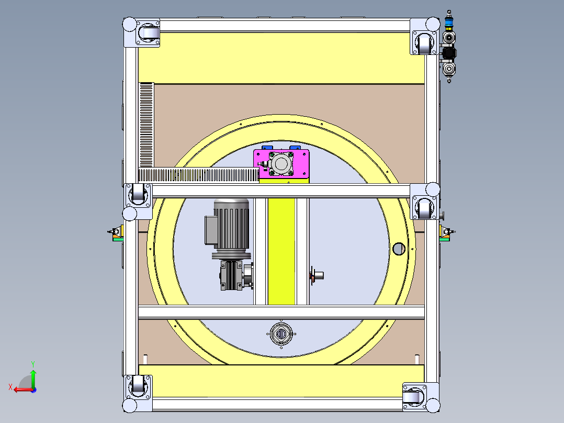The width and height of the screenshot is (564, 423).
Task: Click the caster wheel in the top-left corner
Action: pyautogui.click(x=149, y=34)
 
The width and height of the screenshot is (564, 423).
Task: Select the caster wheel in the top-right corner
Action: pyautogui.click(x=424, y=44)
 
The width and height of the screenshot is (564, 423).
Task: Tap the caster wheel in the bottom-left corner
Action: pyautogui.click(x=138, y=385)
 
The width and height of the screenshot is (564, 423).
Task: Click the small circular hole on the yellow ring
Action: pyautogui.click(x=399, y=249)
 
